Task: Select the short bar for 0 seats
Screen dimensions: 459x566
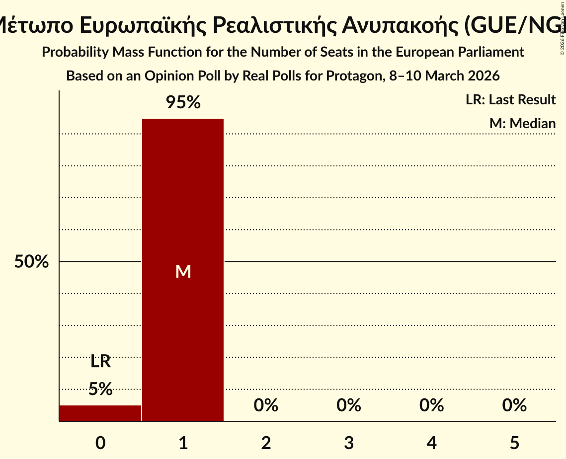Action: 100,413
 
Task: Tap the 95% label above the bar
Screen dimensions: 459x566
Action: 183,103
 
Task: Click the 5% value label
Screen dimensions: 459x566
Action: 100,388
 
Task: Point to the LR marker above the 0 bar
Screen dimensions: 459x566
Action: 100,362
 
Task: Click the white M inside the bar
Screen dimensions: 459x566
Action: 183,271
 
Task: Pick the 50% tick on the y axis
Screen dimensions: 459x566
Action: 31,262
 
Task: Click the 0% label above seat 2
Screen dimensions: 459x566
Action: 266,405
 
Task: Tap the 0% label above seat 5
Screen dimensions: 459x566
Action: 514,405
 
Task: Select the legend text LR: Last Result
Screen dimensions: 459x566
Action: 510,100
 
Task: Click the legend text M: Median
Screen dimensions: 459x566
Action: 522,123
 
